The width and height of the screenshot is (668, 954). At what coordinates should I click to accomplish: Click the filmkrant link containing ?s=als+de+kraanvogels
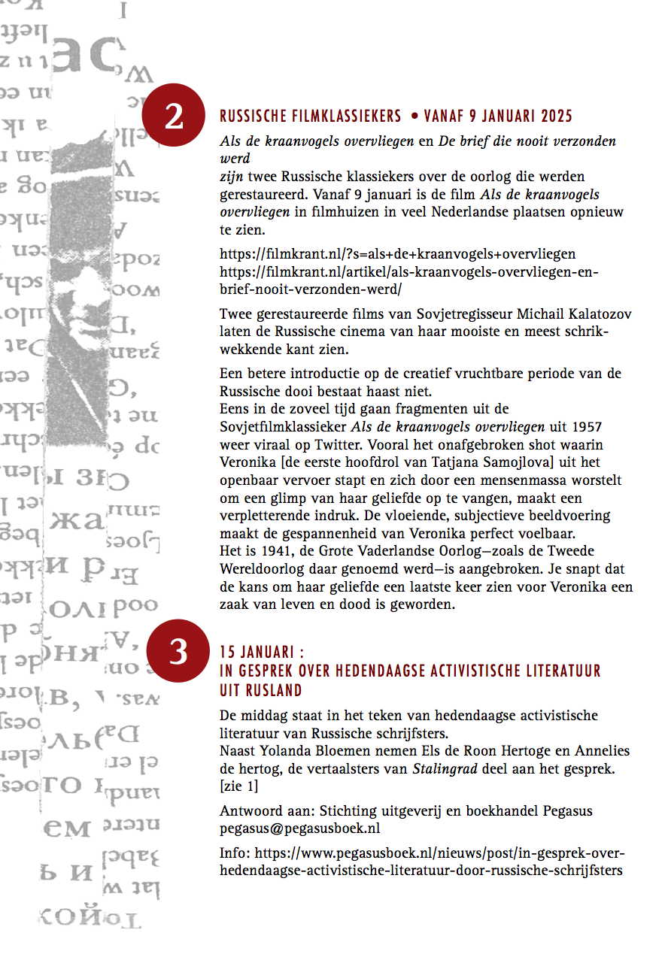click(398, 254)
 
